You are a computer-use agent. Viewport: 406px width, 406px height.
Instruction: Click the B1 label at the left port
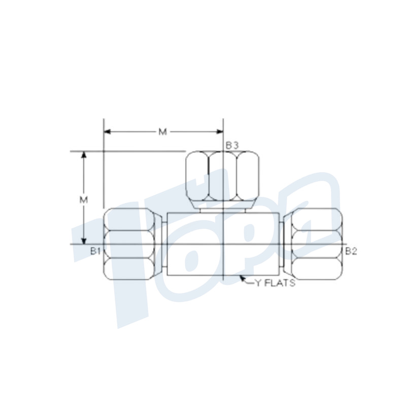coord(96,251)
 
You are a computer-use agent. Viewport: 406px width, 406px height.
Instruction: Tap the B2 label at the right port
coord(351,251)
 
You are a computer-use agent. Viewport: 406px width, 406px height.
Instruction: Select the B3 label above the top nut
coord(232,146)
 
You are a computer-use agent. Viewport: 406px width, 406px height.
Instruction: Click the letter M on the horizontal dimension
coord(162,132)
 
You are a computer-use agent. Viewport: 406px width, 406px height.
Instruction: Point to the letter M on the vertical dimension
coord(84,199)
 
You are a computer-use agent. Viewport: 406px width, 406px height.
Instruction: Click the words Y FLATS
coord(275,283)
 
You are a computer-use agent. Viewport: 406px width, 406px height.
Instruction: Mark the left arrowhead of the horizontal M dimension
coord(106,132)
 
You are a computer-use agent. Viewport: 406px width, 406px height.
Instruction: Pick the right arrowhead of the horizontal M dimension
coord(221,132)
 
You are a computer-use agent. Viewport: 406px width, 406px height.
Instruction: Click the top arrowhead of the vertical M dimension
coord(84,153)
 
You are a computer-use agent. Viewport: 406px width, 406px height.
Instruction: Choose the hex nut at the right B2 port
coord(316,244)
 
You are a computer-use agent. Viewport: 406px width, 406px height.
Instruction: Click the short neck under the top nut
coord(222,208)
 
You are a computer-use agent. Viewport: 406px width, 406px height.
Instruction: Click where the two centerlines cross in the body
coord(223,244)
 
